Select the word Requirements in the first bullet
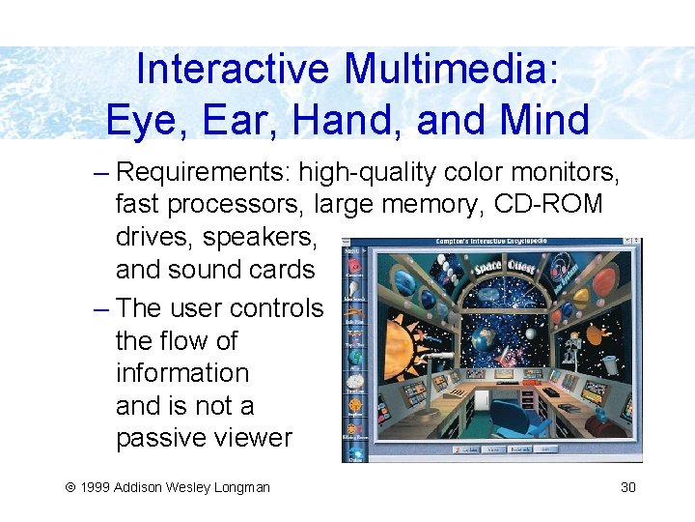click(203, 173)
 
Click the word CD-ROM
click(548, 205)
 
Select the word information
click(182, 373)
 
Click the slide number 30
click(628, 487)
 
